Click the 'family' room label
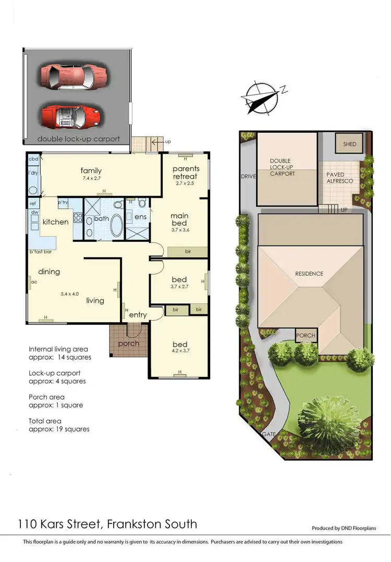coord(91,170)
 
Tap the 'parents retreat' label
coord(185,173)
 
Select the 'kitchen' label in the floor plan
coord(55,222)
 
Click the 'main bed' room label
coord(179,219)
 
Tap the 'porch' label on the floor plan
coord(128,343)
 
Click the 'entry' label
coord(138,315)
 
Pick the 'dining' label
coord(48,272)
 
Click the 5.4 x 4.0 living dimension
coord(69,294)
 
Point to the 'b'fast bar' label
coord(41,252)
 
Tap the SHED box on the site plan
coord(350,144)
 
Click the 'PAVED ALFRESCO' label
coord(339,177)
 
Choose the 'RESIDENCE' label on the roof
coord(309,274)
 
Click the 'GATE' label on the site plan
coord(270,434)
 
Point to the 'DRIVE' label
coord(248,176)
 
